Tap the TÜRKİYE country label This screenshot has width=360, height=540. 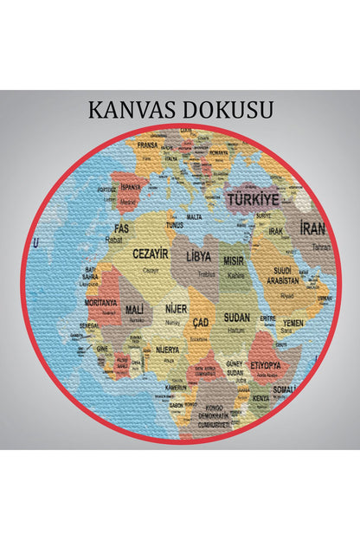click(253, 198)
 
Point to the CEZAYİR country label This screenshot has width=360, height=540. click(151, 254)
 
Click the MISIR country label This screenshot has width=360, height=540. click(235, 260)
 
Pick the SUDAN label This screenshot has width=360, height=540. click(236, 318)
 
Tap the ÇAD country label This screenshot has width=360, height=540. click(201, 322)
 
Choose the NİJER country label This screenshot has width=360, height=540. click(176, 308)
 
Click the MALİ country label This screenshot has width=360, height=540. click(134, 309)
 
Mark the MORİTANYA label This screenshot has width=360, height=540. click(101, 303)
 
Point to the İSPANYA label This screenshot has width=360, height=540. click(131, 186)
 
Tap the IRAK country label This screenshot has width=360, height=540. click(276, 232)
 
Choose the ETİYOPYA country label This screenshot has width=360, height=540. click(267, 364)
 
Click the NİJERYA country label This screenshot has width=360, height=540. click(167, 350)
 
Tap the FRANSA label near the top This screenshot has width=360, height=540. click(147, 146)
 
